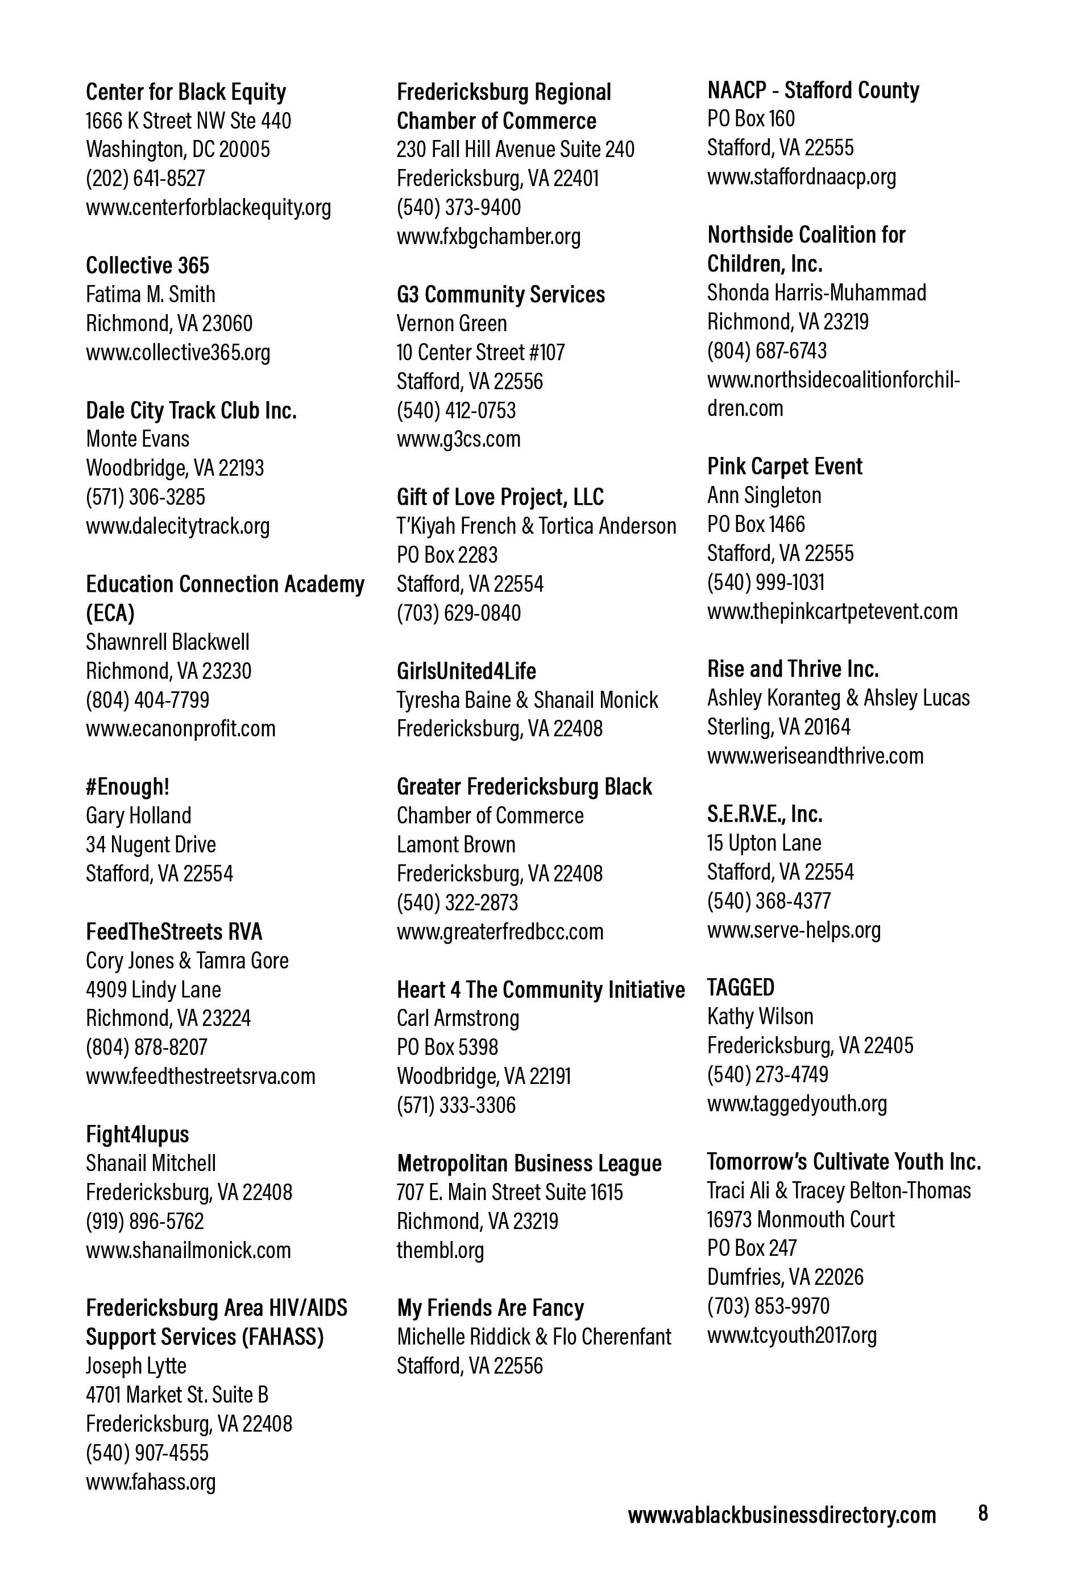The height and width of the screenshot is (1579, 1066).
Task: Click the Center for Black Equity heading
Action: click(x=185, y=92)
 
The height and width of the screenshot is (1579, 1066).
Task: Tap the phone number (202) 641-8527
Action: click(x=146, y=178)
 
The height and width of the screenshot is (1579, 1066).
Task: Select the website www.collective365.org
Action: click(x=178, y=352)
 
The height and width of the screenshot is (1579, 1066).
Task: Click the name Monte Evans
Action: click(x=137, y=439)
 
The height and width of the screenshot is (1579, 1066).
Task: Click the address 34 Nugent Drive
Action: click(x=151, y=844)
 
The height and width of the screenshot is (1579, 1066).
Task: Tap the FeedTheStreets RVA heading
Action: click(x=174, y=931)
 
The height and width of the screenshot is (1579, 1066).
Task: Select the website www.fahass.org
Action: click(x=151, y=1482)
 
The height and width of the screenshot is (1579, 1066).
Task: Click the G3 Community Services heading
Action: click(x=500, y=295)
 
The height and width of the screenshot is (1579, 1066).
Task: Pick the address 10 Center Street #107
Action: click(x=480, y=353)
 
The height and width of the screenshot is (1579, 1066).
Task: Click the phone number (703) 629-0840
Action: click(x=458, y=613)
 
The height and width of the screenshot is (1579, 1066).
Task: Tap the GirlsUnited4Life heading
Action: click(x=466, y=671)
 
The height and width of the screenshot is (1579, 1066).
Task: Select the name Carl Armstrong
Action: click(x=458, y=1018)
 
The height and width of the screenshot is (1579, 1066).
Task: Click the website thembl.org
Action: click(x=440, y=1250)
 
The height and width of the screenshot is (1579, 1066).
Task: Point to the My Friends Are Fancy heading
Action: click(x=490, y=1308)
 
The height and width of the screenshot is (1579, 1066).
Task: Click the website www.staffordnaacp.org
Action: click(x=801, y=176)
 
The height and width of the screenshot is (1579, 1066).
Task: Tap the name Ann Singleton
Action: click(x=764, y=495)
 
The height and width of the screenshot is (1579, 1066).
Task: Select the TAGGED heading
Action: click(x=740, y=987)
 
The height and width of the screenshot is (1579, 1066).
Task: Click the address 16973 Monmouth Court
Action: click(x=800, y=1219)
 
